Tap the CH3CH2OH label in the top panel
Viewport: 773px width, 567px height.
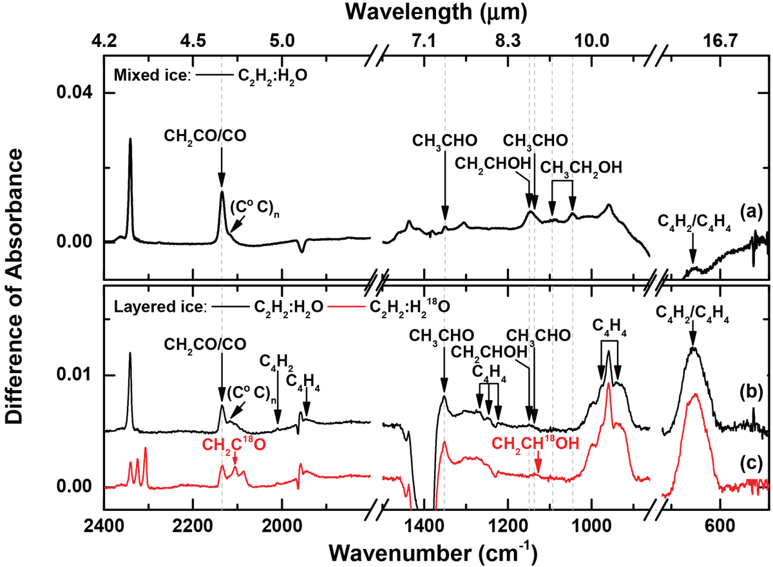click(581, 168)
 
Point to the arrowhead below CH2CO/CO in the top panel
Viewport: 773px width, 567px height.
click(222, 183)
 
